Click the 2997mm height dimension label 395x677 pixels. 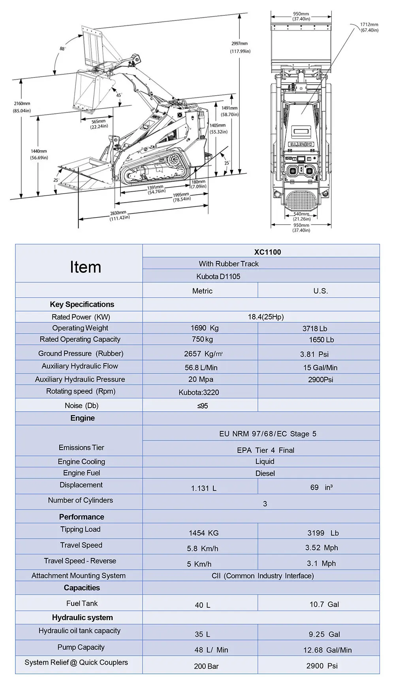[240, 44]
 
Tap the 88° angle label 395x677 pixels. [62, 49]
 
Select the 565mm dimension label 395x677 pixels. [98, 122]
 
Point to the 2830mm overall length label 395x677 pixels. [118, 213]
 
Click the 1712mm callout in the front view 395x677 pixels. [369, 25]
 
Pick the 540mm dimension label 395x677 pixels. [301, 214]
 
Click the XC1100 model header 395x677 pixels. [267, 252]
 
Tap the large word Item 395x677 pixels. [85, 267]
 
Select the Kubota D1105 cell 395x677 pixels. [218, 276]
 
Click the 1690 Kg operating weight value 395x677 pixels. [204, 328]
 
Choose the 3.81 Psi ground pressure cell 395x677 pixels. [314, 354]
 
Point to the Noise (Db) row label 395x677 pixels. [81, 405]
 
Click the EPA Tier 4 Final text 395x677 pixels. [265, 450]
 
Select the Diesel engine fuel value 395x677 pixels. [265, 473]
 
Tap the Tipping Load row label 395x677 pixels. [80, 529]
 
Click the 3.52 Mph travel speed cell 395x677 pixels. [321, 548]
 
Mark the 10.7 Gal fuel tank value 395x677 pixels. [324, 604]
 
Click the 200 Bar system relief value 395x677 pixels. [206, 666]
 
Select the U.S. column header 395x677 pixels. [320, 291]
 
